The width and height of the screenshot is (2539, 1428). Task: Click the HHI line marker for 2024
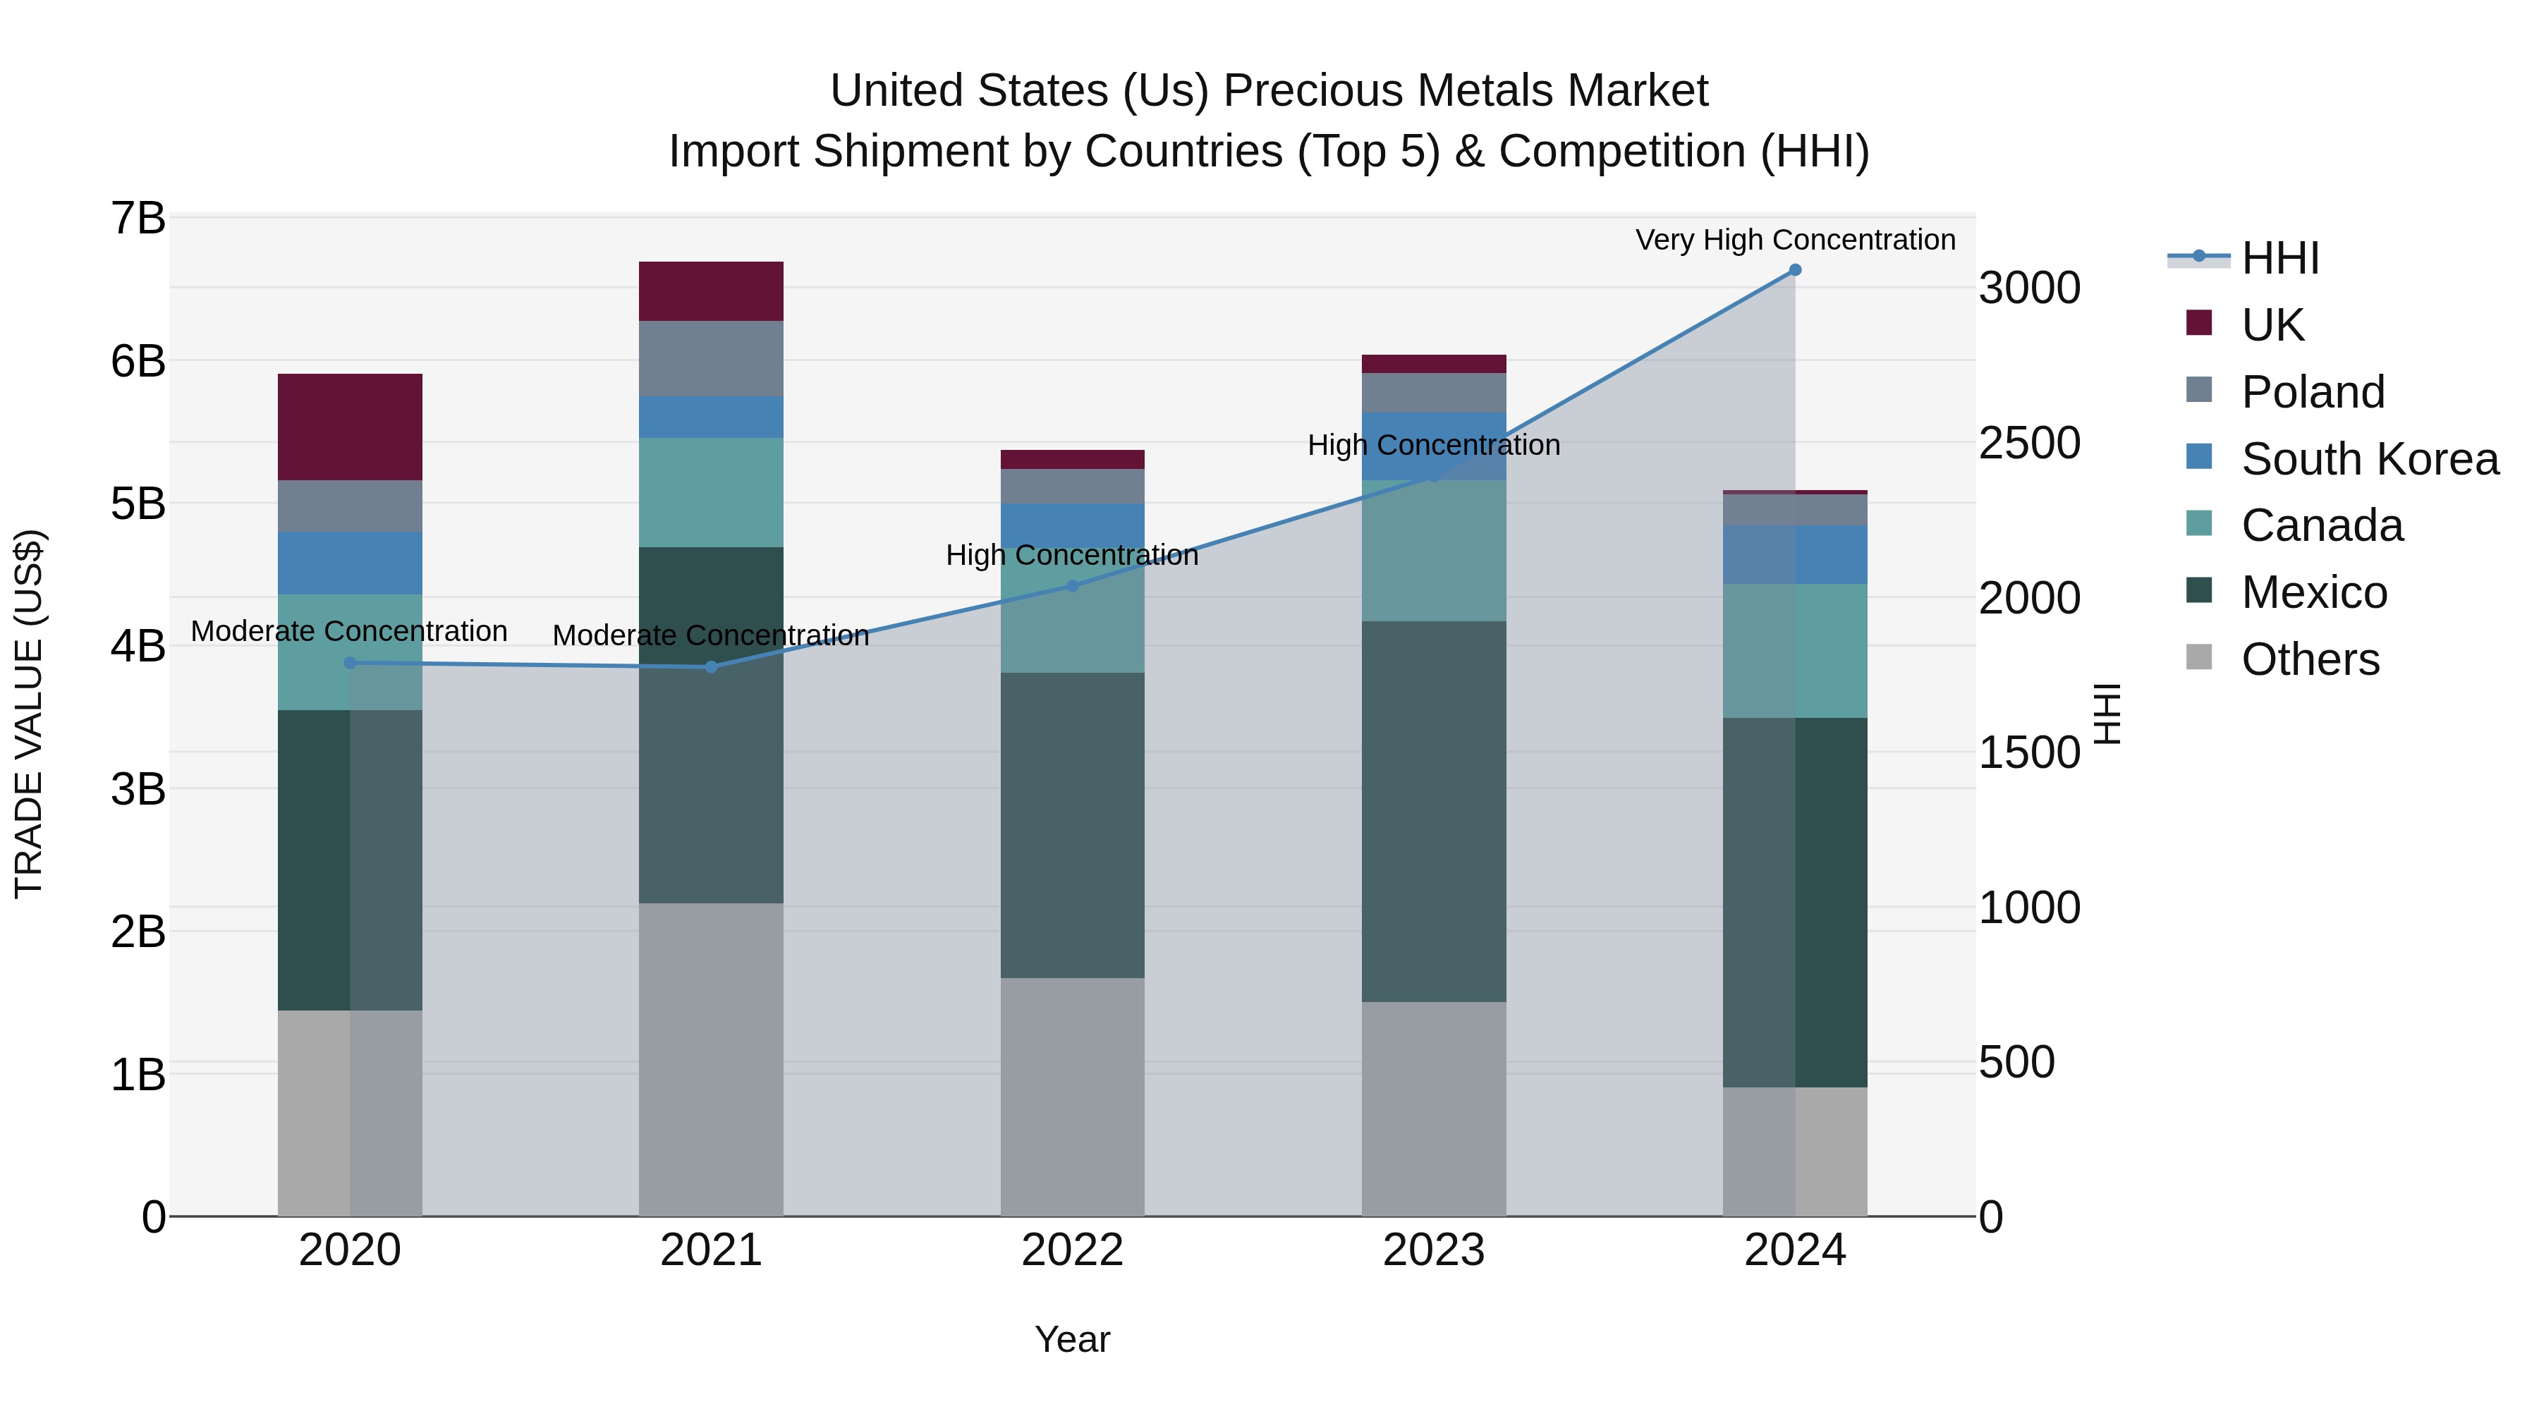1795,270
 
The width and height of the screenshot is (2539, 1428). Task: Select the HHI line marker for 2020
350,664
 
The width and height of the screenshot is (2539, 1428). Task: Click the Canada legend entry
2321,526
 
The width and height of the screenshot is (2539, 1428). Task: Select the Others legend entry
2309,659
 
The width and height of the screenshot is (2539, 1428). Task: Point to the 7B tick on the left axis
138,219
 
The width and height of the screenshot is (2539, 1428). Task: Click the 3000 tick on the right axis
2029,288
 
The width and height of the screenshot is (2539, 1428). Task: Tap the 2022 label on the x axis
1072,1250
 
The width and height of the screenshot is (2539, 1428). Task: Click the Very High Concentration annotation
1795,240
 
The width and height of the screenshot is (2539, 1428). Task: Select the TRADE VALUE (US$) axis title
30,714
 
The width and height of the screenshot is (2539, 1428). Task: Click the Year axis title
1072,1341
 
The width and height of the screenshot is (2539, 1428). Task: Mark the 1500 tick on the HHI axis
2029,753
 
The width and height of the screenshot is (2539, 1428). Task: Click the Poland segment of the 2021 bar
711,359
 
